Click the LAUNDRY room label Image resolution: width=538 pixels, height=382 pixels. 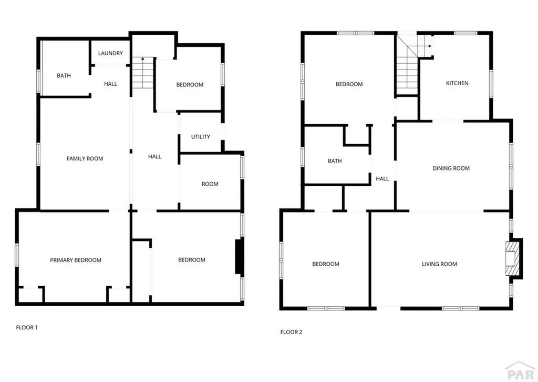pyautogui.click(x=110, y=53)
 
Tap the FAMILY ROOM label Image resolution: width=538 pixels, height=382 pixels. pyautogui.click(x=85, y=158)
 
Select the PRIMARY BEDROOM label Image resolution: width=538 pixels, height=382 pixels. pyautogui.click(x=76, y=260)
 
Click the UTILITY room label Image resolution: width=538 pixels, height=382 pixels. pyautogui.click(x=201, y=137)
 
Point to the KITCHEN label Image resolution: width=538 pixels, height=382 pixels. pyautogui.click(x=457, y=83)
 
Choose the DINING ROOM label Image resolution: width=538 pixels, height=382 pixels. pyautogui.click(x=451, y=168)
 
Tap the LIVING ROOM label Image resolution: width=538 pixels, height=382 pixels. pyautogui.click(x=439, y=264)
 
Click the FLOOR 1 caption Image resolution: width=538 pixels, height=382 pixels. pyautogui.click(x=27, y=327)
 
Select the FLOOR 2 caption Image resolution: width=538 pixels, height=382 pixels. pyautogui.click(x=291, y=332)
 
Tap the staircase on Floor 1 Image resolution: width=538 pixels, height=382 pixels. pyautogui.click(x=141, y=74)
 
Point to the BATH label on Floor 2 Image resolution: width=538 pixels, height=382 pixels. pyautogui.click(x=335, y=161)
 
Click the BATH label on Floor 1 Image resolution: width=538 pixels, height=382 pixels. pyautogui.click(x=64, y=76)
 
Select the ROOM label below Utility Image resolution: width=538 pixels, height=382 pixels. pyautogui.click(x=210, y=184)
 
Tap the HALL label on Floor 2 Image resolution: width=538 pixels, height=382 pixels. pyautogui.click(x=382, y=179)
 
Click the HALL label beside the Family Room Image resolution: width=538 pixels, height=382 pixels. pyautogui.click(x=154, y=156)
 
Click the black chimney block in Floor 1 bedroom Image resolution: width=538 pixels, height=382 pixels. pyautogui.click(x=239, y=256)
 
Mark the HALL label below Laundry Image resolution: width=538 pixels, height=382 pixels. pyautogui.click(x=110, y=84)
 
